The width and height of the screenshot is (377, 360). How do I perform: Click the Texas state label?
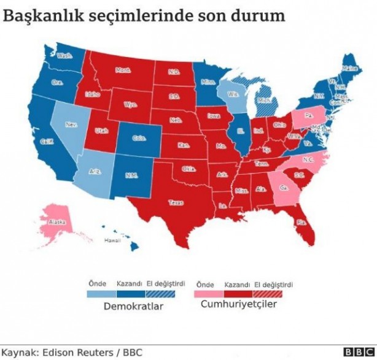(176, 201)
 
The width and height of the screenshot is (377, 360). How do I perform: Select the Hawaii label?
(112, 240)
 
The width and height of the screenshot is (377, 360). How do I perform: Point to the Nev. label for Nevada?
(71, 124)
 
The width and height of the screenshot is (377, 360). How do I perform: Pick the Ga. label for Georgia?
(282, 188)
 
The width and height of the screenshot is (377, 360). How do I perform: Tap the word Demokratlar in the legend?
(133, 306)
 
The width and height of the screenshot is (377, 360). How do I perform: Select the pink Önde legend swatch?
(205, 294)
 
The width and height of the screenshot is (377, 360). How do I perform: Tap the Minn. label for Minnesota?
(208, 82)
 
